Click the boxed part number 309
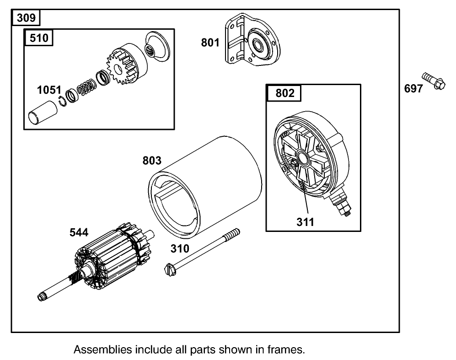click(26, 18)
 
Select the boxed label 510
click(39, 38)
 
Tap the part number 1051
click(46, 90)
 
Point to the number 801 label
click(210, 43)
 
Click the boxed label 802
click(285, 93)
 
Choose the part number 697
click(413, 89)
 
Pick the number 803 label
click(152, 161)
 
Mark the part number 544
click(79, 233)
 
